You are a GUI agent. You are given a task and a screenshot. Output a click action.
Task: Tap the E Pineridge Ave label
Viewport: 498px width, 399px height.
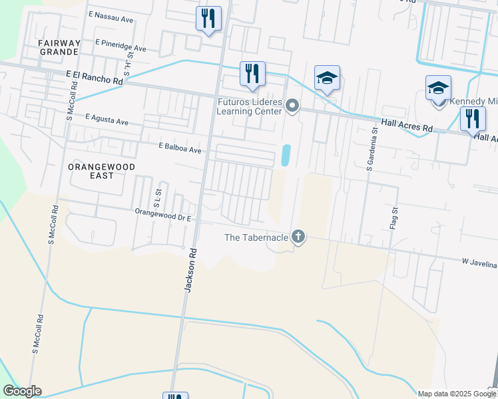121,48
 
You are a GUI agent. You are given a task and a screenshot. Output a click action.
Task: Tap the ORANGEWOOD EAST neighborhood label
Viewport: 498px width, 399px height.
102,171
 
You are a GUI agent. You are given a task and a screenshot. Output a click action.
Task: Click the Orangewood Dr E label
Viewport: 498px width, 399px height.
163,216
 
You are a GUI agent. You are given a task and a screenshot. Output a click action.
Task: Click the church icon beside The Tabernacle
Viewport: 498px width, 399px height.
298,237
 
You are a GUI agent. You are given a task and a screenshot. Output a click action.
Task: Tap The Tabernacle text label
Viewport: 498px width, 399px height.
256,237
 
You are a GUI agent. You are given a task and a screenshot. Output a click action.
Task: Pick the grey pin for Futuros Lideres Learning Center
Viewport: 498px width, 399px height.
292,106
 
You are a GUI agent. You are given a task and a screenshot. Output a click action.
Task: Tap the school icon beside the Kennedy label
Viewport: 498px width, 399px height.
438,88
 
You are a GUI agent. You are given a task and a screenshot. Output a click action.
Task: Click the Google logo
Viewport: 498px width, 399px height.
22,391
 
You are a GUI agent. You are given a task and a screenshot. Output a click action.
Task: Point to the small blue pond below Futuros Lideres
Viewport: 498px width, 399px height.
286,156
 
